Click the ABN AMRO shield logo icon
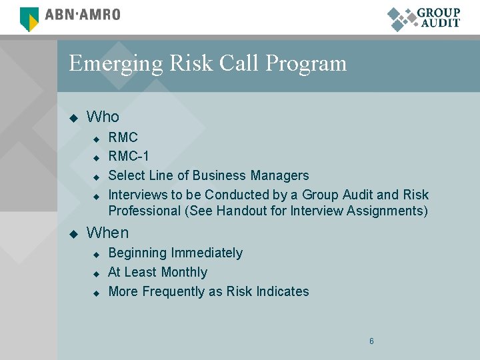(x=29, y=18)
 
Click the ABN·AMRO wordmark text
(x=82, y=15)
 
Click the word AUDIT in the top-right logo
(x=440, y=23)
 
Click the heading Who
(x=103, y=117)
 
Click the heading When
(x=107, y=233)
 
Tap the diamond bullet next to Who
(x=73, y=118)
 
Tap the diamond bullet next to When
(x=73, y=234)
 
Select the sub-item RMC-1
(x=129, y=157)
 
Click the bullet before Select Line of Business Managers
(x=95, y=177)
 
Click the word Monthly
(x=184, y=273)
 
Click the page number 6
(x=371, y=341)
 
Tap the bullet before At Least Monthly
(x=95, y=273)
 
